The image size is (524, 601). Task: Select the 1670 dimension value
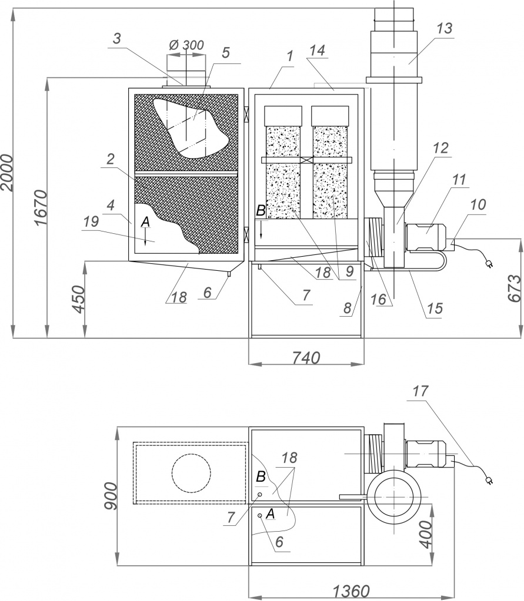click(39, 208)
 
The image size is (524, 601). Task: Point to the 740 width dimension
click(306, 357)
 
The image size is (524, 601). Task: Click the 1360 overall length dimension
click(352, 590)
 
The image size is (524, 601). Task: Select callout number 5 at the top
click(225, 53)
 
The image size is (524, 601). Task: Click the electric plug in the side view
click(488, 264)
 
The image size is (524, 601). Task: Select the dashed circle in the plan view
click(191, 472)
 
